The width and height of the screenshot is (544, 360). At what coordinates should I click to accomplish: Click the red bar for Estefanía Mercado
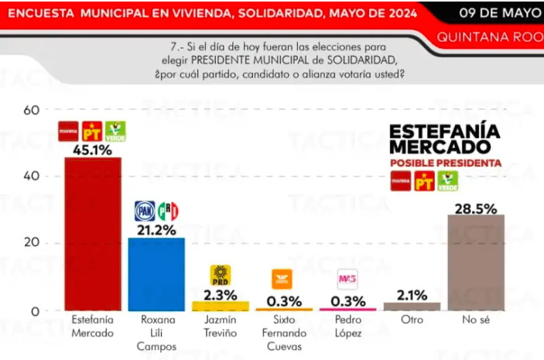pos(92,232)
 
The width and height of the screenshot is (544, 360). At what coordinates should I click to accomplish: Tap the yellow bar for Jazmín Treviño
pos(221,306)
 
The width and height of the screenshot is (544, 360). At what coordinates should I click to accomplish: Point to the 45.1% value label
pos(92,148)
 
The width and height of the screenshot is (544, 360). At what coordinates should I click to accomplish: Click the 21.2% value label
pos(156,229)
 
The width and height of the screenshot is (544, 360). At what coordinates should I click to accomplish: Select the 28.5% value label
pos(476,205)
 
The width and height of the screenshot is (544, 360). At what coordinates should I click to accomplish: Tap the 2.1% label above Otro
pos(412,293)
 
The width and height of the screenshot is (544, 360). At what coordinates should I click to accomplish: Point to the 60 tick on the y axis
pos(31,109)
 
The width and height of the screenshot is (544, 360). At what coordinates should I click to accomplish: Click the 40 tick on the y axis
pos(31,177)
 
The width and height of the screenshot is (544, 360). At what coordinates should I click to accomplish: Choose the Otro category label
pos(412,320)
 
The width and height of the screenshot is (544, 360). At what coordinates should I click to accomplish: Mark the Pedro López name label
pos(347,325)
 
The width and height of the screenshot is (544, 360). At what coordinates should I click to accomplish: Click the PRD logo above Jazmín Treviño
pos(221,274)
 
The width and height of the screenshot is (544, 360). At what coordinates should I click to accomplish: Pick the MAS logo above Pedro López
pos(347,279)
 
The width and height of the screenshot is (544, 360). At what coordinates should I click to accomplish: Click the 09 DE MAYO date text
pos(498,12)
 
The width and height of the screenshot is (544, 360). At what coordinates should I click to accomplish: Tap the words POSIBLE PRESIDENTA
pos(445,163)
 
